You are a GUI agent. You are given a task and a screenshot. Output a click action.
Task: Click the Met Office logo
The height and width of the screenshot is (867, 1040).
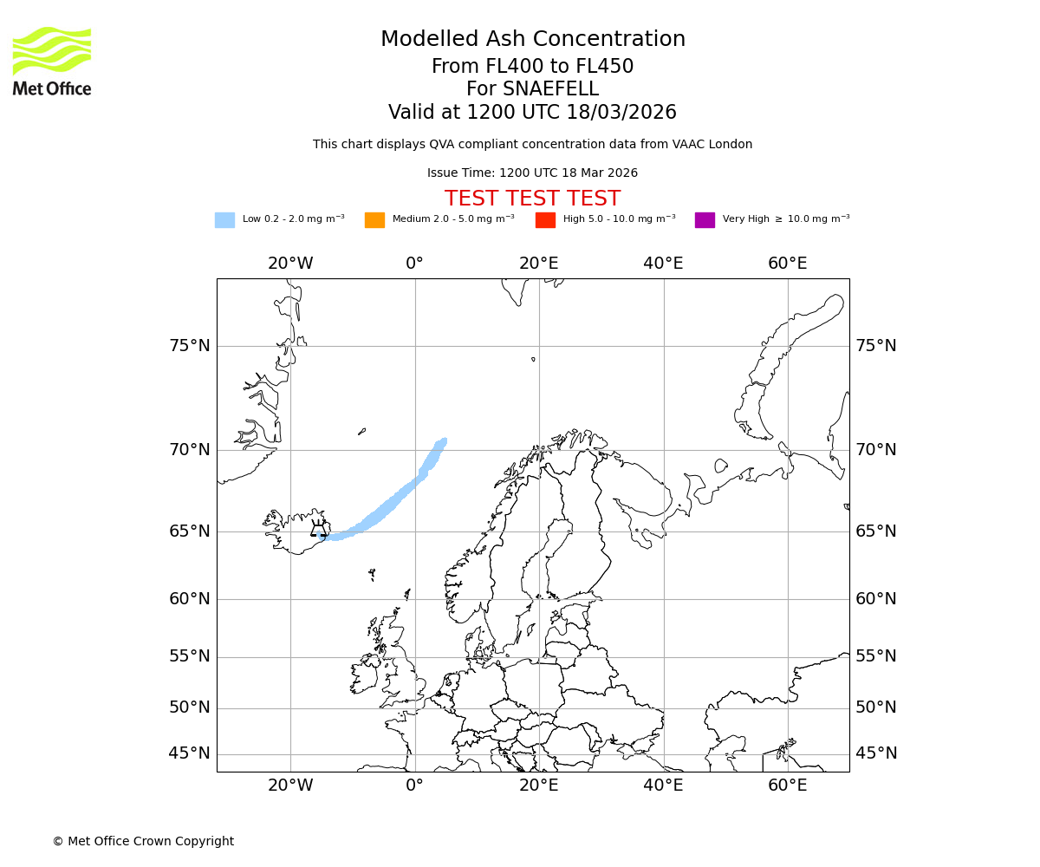[52, 61]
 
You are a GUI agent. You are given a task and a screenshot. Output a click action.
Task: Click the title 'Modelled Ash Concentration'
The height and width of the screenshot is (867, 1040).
[532, 39]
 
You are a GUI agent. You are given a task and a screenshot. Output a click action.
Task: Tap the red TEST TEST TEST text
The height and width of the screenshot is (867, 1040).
[532, 199]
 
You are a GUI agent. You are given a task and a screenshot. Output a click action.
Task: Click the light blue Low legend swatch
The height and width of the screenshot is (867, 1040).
[224, 219]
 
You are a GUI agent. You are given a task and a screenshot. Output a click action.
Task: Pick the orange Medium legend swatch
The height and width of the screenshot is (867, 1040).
[374, 219]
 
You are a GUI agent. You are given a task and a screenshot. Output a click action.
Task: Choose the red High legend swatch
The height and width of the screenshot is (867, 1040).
[545, 219]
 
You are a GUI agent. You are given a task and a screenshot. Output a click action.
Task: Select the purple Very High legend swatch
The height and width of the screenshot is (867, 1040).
[705, 219]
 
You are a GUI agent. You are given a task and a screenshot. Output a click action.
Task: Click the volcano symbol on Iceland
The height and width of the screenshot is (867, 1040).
[319, 528]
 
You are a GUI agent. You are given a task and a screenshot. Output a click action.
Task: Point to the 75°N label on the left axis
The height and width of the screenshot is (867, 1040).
[189, 346]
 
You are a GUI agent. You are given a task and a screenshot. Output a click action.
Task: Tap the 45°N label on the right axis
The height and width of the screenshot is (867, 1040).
[876, 753]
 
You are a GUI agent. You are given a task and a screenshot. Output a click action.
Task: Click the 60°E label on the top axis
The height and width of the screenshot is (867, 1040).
[787, 264]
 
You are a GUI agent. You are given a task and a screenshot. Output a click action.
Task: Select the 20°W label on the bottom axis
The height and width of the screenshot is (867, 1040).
[290, 786]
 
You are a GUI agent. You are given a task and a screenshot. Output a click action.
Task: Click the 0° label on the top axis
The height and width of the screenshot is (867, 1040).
[415, 264]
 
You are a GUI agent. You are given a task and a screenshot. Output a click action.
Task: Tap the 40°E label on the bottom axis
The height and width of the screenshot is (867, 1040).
[663, 786]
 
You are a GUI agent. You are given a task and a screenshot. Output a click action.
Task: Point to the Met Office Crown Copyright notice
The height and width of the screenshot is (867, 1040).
[143, 841]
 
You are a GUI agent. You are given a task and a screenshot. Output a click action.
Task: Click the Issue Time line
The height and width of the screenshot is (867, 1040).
[532, 173]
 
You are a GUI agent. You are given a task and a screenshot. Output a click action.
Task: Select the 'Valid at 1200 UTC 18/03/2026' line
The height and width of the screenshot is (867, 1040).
[532, 113]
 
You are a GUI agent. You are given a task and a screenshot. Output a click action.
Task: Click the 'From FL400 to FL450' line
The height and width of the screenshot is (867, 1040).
[532, 67]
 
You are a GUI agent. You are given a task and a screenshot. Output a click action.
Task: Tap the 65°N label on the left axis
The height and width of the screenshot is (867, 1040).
[189, 531]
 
